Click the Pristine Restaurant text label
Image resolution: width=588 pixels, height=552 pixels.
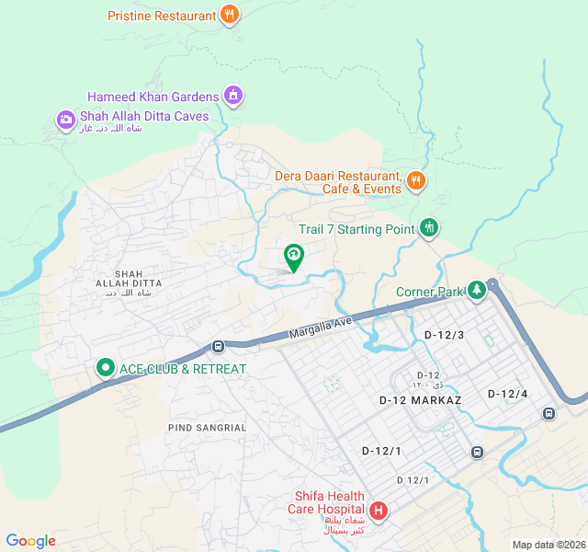pos(162,16)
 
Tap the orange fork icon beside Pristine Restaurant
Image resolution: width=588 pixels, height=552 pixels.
pos(230,15)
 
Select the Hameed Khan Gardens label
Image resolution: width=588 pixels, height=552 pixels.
pos(153,97)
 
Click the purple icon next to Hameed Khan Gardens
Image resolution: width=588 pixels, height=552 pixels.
pos(233,95)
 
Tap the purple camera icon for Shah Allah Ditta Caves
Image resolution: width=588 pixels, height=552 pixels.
pos(65,119)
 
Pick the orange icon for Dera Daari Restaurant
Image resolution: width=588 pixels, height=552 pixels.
pos(416,180)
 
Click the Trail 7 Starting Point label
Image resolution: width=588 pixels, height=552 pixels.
pos(356,229)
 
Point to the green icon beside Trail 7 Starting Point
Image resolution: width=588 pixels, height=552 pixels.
pos(428,227)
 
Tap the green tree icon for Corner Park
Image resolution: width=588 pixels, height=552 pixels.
pos(476,291)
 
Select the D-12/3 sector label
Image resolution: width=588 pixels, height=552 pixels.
pos(445,335)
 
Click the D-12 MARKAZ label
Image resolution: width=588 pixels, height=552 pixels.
pos(420,399)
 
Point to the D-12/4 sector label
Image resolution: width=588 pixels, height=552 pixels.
pos(508,394)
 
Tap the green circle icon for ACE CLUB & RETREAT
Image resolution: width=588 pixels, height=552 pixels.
pos(105,369)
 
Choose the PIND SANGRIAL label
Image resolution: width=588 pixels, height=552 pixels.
pos(208,428)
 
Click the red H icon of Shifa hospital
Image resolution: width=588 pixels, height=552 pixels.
pos(378,511)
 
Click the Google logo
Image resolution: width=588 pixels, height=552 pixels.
pos(30,541)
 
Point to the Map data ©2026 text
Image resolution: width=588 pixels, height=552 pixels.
pos(548,545)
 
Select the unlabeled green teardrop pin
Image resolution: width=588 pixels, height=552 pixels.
pos(293,257)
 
